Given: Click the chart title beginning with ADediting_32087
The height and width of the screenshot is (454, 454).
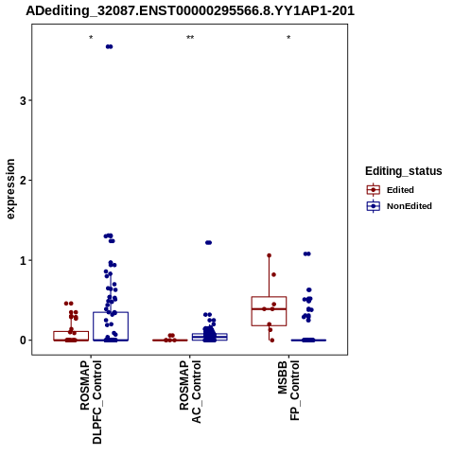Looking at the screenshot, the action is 190,10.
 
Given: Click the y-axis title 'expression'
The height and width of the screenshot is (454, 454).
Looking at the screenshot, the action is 10,189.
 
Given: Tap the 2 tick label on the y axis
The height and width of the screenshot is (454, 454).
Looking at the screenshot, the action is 23,181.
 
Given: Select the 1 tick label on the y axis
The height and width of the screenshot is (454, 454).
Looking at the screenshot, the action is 23,261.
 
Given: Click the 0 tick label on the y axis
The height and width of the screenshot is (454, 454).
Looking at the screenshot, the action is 23,340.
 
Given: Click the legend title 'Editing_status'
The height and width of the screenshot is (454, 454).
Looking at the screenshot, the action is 404,171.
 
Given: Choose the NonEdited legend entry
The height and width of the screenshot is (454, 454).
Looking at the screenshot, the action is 399,206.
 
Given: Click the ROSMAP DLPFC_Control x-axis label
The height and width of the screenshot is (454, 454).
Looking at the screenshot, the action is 91,402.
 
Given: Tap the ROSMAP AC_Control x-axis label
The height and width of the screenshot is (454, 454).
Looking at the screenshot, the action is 190,392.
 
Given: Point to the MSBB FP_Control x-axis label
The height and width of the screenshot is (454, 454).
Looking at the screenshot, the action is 288,391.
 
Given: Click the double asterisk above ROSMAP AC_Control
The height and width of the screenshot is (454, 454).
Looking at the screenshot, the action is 190,38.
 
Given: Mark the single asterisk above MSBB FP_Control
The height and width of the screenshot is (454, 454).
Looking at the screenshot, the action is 288,38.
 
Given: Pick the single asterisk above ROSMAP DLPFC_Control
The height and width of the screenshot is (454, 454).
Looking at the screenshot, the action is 91,38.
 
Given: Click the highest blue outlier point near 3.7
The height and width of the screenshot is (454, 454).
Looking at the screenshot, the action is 109,46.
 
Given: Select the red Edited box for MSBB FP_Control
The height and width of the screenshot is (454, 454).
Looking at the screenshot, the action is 269,311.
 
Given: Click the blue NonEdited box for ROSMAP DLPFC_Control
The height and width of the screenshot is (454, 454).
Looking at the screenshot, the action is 111,326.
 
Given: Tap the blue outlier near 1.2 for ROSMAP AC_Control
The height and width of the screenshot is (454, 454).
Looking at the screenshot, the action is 209,242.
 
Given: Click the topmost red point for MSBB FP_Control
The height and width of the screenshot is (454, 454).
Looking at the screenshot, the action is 270,255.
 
